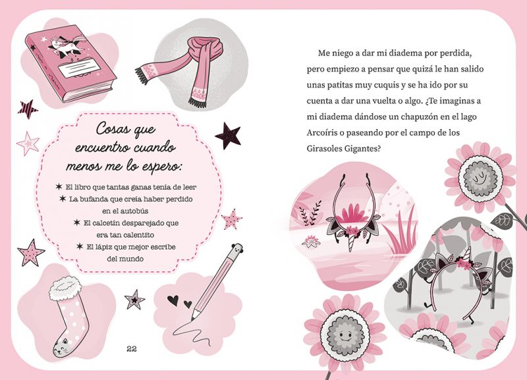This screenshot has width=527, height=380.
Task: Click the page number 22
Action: click(132, 349)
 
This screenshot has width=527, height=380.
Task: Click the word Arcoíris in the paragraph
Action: click(322, 133)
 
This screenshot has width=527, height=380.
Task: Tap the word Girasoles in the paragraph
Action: click(324, 148)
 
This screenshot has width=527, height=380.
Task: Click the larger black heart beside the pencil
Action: click(173, 300)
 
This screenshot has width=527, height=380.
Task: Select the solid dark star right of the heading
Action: click(228, 136)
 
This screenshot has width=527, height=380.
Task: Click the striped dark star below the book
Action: click(28, 109)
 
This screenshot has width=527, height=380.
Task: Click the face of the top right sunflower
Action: click(478, 178)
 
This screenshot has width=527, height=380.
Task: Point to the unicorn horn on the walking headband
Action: click(468, 254)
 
